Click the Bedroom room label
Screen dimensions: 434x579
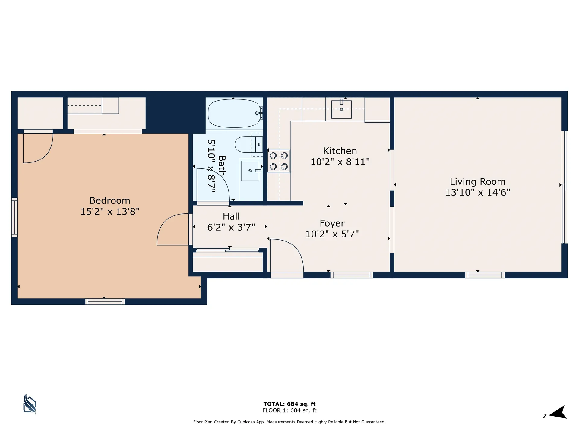coord(110,200)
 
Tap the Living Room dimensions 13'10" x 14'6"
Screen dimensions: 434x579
coord(477,192)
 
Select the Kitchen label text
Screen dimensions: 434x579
coord(340,151)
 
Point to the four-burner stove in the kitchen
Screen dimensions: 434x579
coord(279,161)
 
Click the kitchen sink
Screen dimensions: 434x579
coord(341,109)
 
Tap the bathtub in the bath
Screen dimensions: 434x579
coord(234,113)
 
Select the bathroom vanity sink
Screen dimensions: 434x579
coord(250,171)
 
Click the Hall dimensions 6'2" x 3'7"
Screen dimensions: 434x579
coord(231,227)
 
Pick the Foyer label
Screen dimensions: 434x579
coord(332,223)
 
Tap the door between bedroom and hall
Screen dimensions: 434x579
coord(173,229)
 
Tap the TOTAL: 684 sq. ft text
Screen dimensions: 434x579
coord(289,404)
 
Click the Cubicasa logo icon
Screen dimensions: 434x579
coord(30,404)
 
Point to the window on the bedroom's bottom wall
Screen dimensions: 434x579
coord(105,301)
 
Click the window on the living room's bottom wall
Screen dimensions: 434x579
coord(485,275)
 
